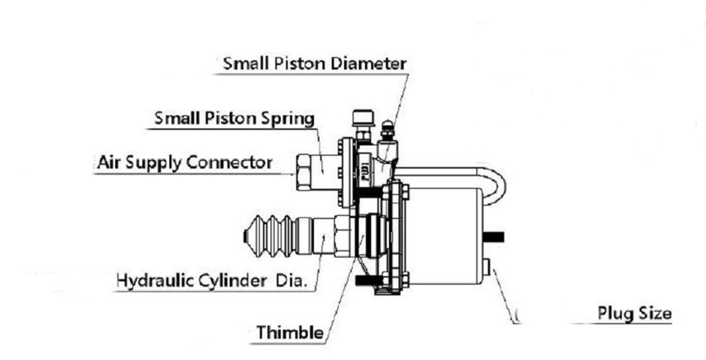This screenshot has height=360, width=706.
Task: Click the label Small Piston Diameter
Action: click(x=314, y=64)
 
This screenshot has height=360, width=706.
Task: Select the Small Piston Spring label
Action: click(x=234, y=118)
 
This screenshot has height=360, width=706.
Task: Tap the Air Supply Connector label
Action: click(x=185, y=162)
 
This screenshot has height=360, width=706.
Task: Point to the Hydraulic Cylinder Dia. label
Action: click(x=212, y=280)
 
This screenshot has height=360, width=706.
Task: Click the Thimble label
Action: click(x=290, y=333)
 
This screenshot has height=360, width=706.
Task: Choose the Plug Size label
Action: click(x=634, y=313)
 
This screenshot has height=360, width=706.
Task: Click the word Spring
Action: click(x=287, y=119)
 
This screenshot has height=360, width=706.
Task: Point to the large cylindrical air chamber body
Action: click(x=445, y=236)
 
